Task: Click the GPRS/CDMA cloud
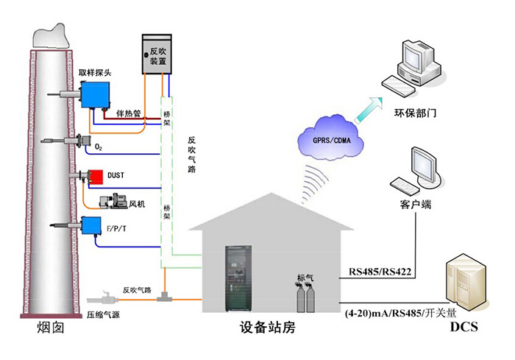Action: tap(331, 138)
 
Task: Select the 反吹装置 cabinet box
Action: tap(157, 54)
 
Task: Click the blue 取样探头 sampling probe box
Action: tap(95, 95)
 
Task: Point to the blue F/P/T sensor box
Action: tap(91, 225)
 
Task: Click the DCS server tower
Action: tap(466, 283)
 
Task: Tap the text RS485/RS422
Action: tap(380, 272)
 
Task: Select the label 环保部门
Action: tap(415, 113)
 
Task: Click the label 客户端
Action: tap(416, 204)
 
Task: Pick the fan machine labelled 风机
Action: tap(113, 201)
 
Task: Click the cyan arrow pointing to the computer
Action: tap(369, 110)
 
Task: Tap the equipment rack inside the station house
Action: tap(238, 278)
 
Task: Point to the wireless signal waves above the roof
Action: tap(314, 183)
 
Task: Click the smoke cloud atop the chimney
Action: tap(51, 35)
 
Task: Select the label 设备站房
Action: tap(267, 327)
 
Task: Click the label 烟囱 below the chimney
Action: tap(51, 328)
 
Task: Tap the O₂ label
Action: tap(98, 147)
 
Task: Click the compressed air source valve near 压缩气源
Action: tap(102, 298)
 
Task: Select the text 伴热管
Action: tap(129, 113)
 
